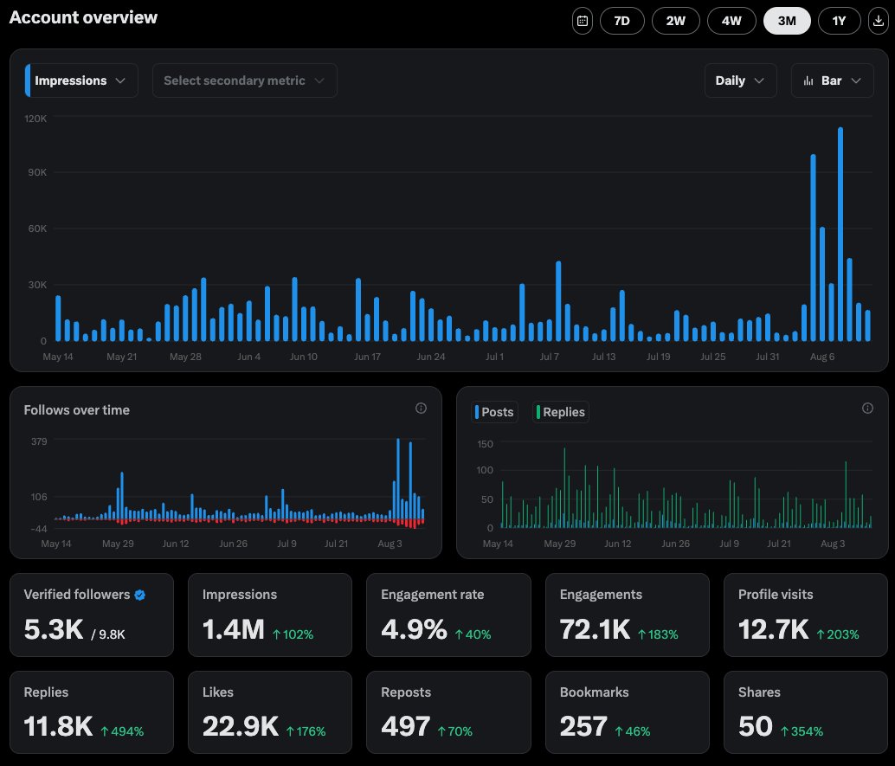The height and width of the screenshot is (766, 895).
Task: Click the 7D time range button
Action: pyautogui.click(x=621, y=21)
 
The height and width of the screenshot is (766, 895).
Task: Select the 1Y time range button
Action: pyautogui.click(x=839, y=21)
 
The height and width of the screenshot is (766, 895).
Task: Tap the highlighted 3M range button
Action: pyautogui.click(x=787, y=21)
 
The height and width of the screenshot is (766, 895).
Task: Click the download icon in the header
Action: pyautogui.click(x=879, y=21)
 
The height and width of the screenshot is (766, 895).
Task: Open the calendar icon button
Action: pyautogui.click(x=583, y=21)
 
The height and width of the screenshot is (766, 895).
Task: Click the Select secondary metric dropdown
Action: pyautogui.click(x=244, y=80)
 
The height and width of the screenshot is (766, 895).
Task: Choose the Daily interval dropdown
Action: pyautogui.click(x=740, y=80)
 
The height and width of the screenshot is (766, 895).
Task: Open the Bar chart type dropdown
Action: pyautogui.click(x=832, y=80)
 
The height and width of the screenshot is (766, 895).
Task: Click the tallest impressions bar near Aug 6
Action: pyautogui.click(x=840, y=234)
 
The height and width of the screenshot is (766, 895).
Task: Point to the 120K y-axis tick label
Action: pyautogui.click(x=35, y=119)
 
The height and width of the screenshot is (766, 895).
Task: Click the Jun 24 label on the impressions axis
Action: pyautogui.click(x=431, y=357)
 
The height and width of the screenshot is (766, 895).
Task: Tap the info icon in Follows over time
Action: pyautogui.click(x=421, y=409)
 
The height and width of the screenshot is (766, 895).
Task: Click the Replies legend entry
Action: pyautogui.click(x=561, y=412)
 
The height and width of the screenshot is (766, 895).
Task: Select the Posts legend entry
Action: pyautogui.click(x=494, y=412)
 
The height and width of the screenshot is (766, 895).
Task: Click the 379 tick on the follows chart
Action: pyautogui.click(x=40, y=441)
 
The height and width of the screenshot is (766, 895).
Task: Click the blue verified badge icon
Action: pyautogui.click(x=140, y=595)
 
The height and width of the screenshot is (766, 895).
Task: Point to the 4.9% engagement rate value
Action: pyautogui.click(x=414, y=629)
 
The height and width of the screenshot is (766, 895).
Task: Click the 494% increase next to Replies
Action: pyautogui.click(x=122, y=731)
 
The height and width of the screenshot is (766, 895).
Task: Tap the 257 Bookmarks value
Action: pyautogui.click(x=583, y=726)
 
